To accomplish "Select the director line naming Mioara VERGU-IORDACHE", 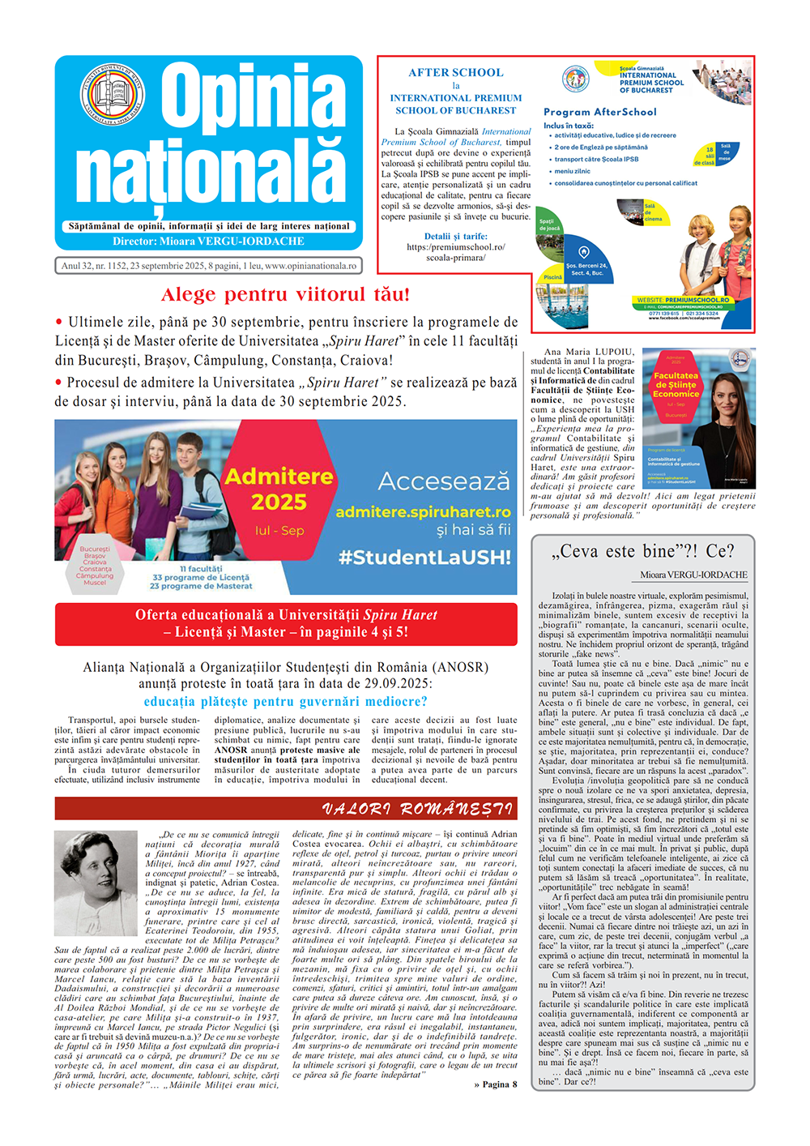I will point(209,241).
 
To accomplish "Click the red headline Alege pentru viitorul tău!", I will point(285,294).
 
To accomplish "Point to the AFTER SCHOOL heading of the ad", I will point(455,73).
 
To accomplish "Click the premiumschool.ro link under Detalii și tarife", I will point(455,252).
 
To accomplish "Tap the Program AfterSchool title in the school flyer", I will point(599,112).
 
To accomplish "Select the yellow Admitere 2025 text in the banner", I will point(279,489).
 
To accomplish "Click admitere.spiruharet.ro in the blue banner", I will point(423,512).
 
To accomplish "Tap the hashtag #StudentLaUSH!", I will point(424,558).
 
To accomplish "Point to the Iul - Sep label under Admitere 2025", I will point(279,530).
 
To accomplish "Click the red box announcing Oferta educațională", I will point(286,623).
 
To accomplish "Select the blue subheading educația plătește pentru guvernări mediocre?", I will point(285,702).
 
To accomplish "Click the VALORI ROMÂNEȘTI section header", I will point(416,809).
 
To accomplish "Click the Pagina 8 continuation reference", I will point(495,1084).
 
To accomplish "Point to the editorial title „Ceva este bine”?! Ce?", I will point(642,551).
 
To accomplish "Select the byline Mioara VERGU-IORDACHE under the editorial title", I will point(693,575).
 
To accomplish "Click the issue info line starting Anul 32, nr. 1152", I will point(208,266).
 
